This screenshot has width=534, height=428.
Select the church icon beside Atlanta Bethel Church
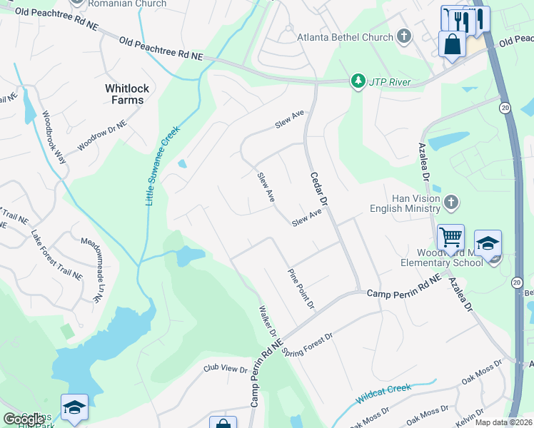pos(403,36)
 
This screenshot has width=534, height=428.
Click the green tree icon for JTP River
pos(358,82)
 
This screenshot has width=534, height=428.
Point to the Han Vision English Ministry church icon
pos(450,203)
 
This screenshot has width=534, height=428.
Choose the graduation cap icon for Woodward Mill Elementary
pos(488,243)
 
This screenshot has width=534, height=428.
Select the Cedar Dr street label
pos(318,189)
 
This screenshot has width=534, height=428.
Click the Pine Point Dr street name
pos(301,290)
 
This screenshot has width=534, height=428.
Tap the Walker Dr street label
pos(268,322)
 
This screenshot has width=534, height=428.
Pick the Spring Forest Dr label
pos(308,343)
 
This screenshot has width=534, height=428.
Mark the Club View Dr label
pos(224,369)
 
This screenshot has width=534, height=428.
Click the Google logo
pos(24,419)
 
